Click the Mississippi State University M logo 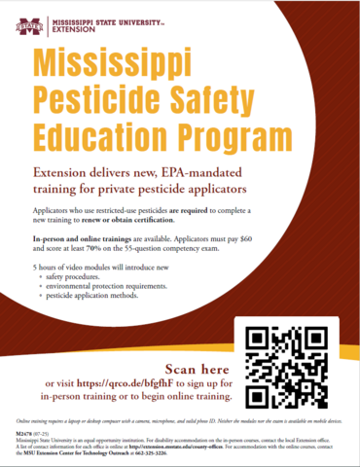(21, 18)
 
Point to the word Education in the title (105, 130)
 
